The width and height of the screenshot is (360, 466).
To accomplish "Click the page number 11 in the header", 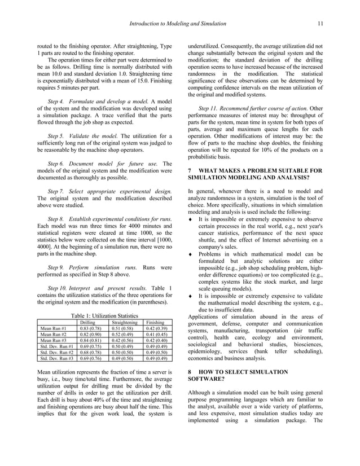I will [x=320, y=24].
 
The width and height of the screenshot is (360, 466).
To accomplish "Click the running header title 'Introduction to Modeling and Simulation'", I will [x=178, y=24].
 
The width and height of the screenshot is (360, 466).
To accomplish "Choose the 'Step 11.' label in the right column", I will [x=209, y=107].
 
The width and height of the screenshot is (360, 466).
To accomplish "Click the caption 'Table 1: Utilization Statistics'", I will [x=105, y=316].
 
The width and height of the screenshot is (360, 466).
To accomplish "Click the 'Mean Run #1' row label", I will [x=54, y=329].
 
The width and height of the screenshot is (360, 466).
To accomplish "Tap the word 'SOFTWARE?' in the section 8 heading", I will [x=205, y=380].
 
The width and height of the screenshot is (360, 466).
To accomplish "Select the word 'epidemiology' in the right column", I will [x=207, y=351].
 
